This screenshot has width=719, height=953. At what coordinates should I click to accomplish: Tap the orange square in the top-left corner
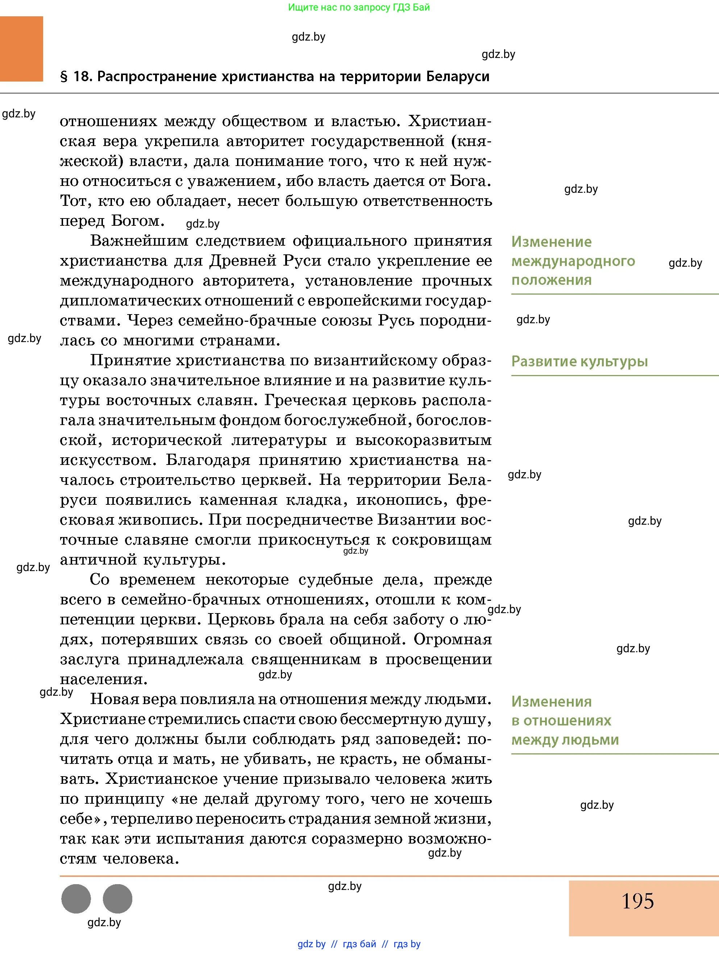(21, 49)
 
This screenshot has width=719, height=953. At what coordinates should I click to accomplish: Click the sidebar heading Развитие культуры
(579, 362)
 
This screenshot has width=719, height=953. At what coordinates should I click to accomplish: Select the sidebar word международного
(573, 261)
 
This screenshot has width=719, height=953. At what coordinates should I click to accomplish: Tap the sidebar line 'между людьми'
(565, 740)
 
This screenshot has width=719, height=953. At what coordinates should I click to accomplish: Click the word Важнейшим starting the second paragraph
(139, 241)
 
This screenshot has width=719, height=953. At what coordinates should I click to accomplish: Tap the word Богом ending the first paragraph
(138, 221)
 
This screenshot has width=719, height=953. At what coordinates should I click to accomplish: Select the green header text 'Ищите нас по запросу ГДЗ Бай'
(359, 7)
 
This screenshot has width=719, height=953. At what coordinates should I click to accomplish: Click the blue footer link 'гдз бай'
(359, 944)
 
